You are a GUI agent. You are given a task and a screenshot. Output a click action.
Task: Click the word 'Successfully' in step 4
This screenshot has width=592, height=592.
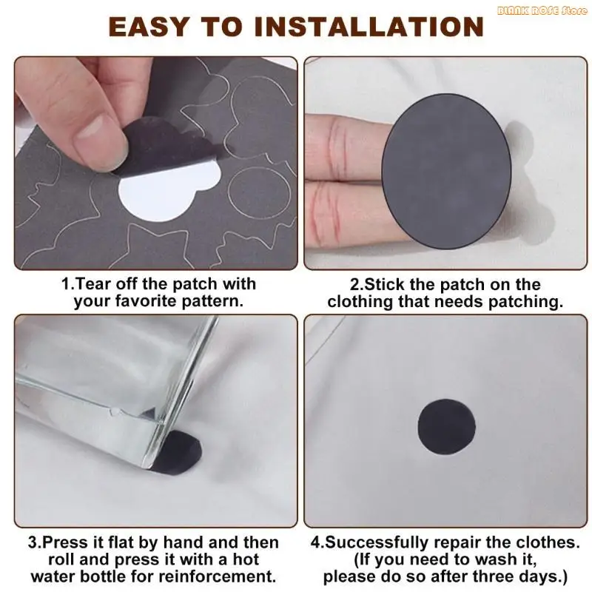click(380, 542)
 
